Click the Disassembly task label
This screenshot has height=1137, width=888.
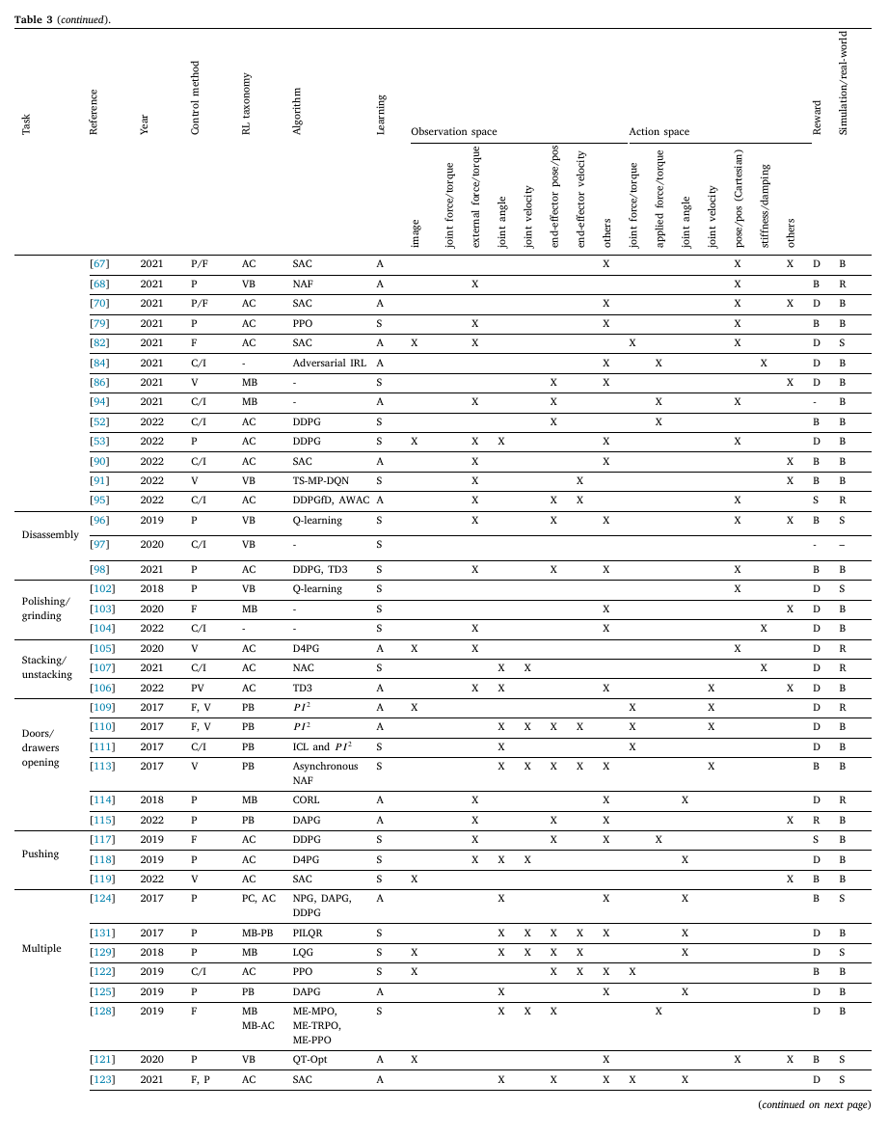[x=50, y=534]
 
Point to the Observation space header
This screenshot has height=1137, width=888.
[x=453, y=131]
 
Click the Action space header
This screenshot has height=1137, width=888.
[x=659, y=131]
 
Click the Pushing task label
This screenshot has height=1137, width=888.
[x=40, y=853]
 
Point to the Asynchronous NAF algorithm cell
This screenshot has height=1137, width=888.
[x=325, y=773]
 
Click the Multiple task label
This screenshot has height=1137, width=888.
[x=41, y=948]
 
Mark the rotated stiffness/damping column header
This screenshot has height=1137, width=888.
[x=764, y=199]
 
